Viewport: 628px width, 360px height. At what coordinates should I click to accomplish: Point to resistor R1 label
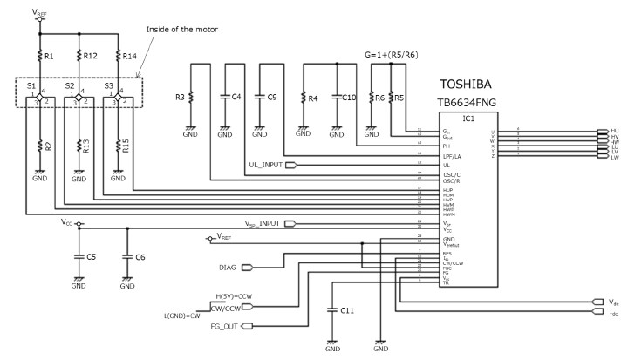pyautogui.click(x=49, y=57)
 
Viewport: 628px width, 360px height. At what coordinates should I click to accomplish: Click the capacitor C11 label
pyautogui.click(x=347, y=311)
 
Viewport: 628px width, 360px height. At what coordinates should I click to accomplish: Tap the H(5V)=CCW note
pyautogui.click(x=234, y=296)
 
